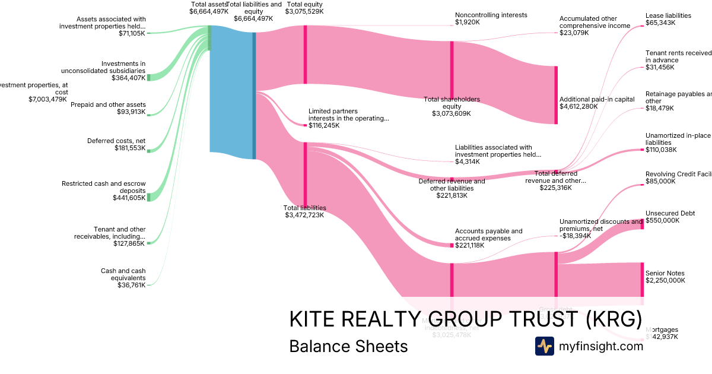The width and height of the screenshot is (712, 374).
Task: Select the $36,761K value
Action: (131, 286)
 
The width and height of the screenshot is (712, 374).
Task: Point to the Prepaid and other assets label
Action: (108, 104)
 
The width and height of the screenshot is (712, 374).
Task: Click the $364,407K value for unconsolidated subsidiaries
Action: (128, 78)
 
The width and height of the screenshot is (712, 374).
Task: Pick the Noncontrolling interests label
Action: (491, 15)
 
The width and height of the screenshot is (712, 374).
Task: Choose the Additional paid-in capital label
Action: (597, 99)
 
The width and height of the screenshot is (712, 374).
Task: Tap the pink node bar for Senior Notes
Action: (642, 279)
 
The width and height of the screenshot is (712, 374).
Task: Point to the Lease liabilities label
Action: (668, 15)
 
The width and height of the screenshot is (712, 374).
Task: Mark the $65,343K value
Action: (660, 23)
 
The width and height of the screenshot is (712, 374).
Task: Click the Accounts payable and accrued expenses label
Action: (488, 234)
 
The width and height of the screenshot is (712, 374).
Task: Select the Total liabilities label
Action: (304, 208)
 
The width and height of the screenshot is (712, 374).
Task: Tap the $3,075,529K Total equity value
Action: (304, 11)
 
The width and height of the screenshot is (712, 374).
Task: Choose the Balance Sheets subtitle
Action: (348, 347)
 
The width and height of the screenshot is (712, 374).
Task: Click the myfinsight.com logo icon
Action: (544, 346)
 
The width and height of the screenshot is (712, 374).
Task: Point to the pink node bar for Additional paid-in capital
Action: (556, 95)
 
